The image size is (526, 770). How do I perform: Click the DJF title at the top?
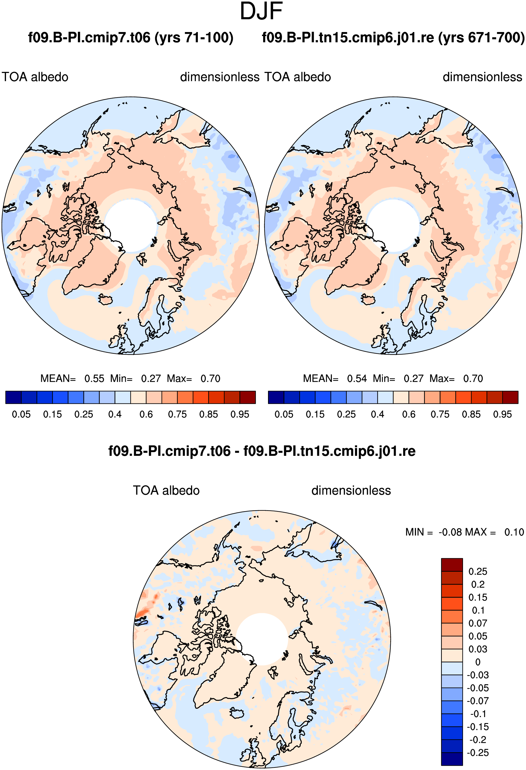[x=261, y=11]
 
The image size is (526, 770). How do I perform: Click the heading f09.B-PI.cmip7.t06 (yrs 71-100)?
[x=131, y=37]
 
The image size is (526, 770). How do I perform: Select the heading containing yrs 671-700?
[x=393, y=37]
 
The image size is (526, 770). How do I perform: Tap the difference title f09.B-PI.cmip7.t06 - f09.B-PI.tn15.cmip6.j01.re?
[x=262, y=451]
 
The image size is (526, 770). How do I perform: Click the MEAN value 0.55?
[x=94, y=378]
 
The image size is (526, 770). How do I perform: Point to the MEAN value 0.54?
[x=357, y=378]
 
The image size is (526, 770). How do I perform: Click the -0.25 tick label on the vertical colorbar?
[x=478, y=753]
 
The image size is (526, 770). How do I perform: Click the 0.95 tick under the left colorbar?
[x=240, y=414]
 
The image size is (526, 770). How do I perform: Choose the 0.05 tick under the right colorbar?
[x=284, y=414]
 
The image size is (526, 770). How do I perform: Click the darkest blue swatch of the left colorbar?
[x=13, y=397]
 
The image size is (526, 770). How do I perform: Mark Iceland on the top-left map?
[x=105, y=300]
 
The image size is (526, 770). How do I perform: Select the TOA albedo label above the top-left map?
[x=35, y=77]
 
